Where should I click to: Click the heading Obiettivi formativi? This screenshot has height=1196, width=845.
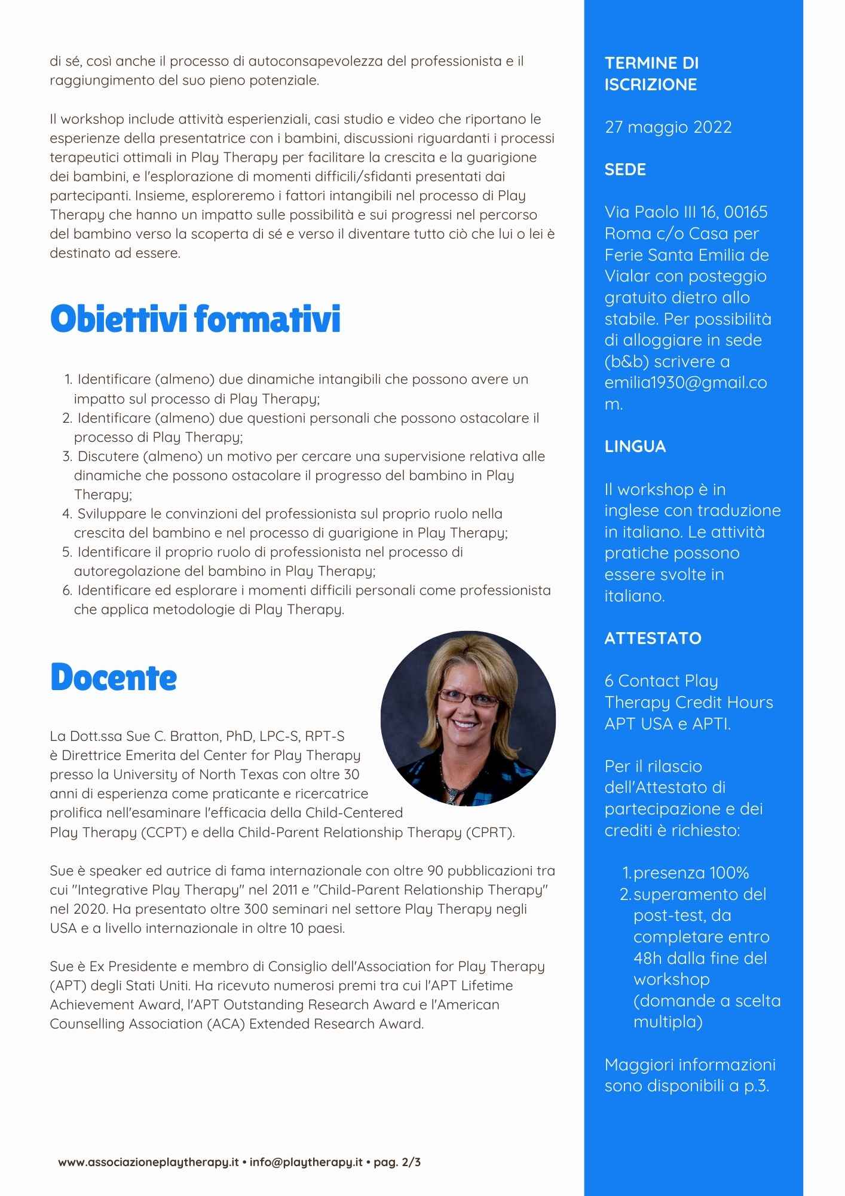click(x=195, y=319)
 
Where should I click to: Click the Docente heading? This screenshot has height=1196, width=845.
click(x=114, y=678)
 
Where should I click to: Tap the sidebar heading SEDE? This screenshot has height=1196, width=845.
click(x=625, y=170)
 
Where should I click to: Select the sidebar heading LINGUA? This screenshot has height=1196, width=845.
click(x=635, y=447)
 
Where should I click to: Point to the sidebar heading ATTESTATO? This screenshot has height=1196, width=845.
click(x=653, y=638)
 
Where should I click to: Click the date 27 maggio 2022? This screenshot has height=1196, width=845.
click(x=668, y=127)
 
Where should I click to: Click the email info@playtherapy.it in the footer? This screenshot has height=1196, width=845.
click(x=306, y=1162)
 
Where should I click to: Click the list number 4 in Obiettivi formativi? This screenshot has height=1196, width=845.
click(x=67, y=514)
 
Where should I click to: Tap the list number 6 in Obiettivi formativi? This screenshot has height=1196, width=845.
click(x=67, y=590)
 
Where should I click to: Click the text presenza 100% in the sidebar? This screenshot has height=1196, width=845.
click(x=691, y=873)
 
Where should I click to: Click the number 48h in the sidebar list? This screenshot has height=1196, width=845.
click(x=646, y=959)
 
